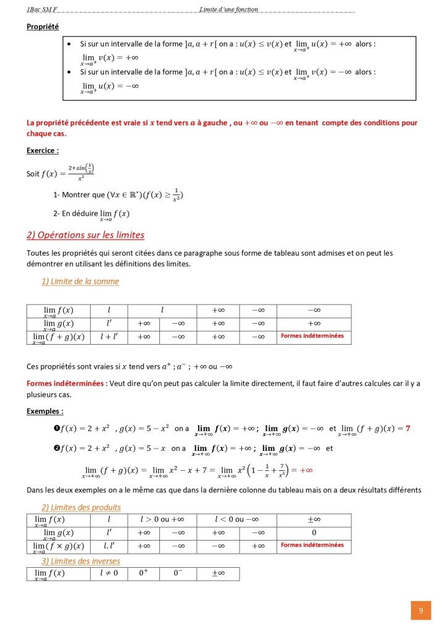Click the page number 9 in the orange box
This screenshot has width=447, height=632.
(x=420, y=610)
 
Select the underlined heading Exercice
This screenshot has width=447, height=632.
(x=43, y=150)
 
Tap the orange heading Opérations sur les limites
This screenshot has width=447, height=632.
(x=85, y=235)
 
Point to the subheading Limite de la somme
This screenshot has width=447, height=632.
(x=80, y=282)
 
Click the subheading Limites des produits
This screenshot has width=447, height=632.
(x=81, y=508)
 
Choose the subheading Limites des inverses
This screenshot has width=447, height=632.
(x=81, y=562)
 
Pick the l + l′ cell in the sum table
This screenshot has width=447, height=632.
(x=109, y=337)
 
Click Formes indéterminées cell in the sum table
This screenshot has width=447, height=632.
(x=312, y=337)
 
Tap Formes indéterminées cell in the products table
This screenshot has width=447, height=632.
(x=312, y=546)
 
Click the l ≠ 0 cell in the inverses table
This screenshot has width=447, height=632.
(x=109, y=573)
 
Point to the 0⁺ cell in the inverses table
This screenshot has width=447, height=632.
(x=143, y=573)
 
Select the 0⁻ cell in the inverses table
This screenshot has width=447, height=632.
(x=178, y=573)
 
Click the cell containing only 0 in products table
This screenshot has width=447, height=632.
(x=314, y=533)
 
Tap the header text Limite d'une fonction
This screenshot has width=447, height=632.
(x=229, y=9)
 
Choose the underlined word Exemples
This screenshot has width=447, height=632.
(x=44, y=411)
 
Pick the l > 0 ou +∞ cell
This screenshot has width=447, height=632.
(x=161, y=520)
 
